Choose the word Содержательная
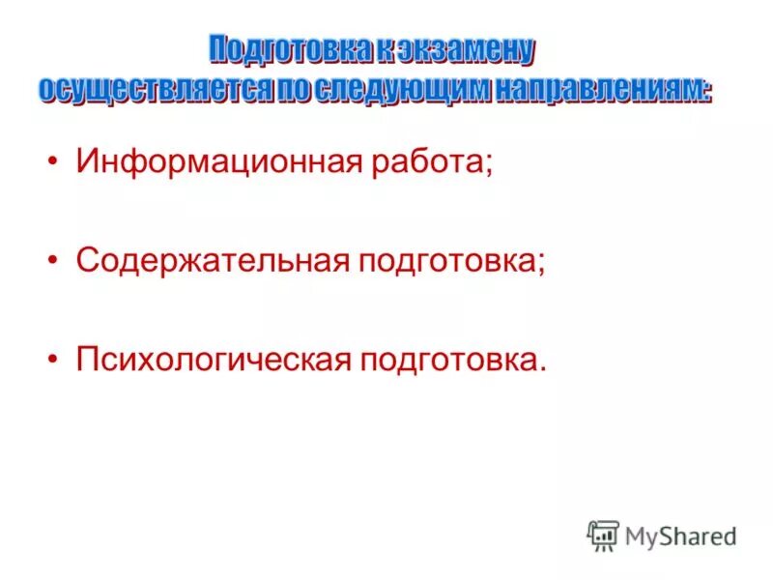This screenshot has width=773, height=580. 212,262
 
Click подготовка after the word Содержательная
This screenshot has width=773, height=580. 449,262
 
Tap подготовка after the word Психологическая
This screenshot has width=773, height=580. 451,361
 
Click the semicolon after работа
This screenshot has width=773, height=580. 489,166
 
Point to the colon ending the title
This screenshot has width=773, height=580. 707,91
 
